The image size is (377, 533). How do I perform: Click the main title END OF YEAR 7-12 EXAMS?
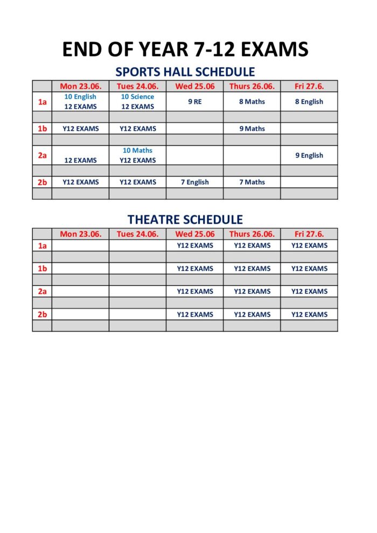tap(185, 49)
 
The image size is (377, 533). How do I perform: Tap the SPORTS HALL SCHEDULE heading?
tap(185, 72)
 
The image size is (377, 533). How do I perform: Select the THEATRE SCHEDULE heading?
tap(185, 220)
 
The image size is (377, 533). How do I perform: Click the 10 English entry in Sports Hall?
tap(80, 97)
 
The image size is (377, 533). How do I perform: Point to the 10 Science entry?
tap(137, 97)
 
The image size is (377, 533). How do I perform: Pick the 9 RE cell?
tap(194, 102)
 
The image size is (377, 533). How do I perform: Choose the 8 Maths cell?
tap(252, 102)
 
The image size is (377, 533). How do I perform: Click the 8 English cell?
tap(309, 102)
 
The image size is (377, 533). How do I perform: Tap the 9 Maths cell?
tap(252, 129)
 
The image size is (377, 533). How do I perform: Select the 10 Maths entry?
tap(137, 151)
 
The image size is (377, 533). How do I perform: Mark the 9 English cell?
tap(309, 156)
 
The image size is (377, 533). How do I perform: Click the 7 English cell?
tap(194, 182)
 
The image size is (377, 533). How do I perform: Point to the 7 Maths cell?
tap(252, 182)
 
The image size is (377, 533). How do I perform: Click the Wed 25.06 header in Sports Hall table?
tap(194, 86)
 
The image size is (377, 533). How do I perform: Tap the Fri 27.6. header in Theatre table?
tap(309, 234)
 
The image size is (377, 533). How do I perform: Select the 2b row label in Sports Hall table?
tap(42, 182)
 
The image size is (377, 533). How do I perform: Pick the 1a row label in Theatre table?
tap(42, 246)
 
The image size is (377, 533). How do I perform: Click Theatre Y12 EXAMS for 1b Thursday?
tap(252, 269)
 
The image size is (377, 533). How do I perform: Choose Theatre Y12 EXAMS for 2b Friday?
tap(309, 314)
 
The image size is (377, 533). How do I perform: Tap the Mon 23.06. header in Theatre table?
tap(80, 234)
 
